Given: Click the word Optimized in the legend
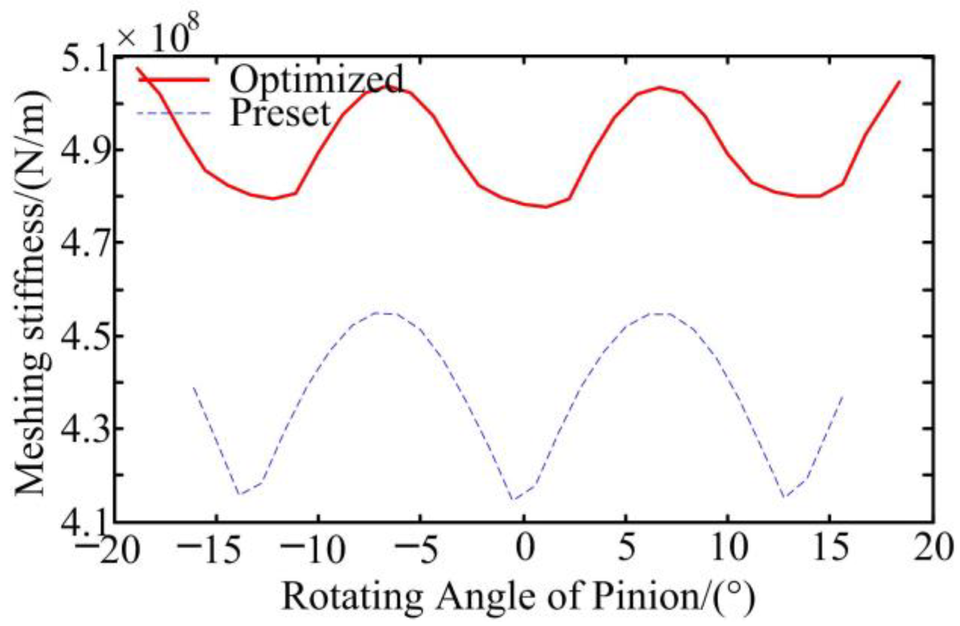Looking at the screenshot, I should (316, 79).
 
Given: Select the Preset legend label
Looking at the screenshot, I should (280, 113).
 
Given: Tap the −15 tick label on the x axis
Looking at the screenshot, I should (209, 547).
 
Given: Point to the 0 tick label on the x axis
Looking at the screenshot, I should (524, 547).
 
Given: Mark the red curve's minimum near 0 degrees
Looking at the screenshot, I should (546, 207).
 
